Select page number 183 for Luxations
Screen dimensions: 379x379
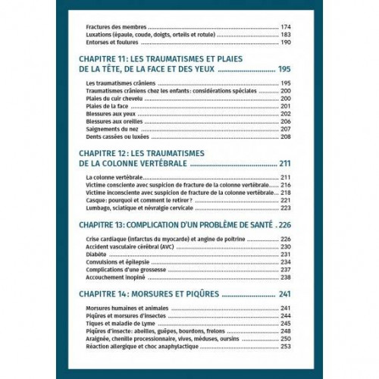point(286,36)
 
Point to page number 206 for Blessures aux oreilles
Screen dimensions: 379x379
point(286,121)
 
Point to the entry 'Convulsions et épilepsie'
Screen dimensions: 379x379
point(116,262)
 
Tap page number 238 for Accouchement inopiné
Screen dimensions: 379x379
point(286,277)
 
